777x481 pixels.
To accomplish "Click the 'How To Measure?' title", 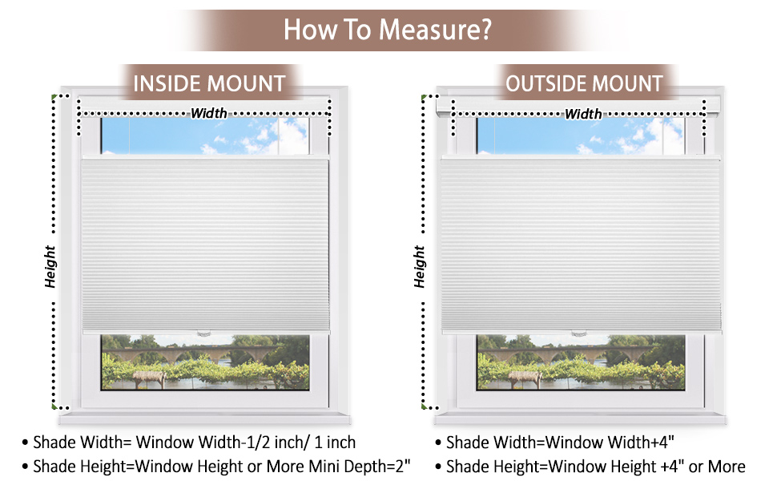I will tap(387, 30).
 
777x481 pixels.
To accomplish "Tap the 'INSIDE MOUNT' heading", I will tap(209, 84).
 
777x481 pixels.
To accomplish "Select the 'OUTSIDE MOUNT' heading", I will tap(584, 84).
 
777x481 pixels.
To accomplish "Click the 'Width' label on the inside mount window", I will tap(208, 113).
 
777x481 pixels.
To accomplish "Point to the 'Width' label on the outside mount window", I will tap(583, 114).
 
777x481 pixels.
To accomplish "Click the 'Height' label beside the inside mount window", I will tap(50, 266).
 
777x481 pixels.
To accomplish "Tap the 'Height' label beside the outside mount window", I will tap(420, 267).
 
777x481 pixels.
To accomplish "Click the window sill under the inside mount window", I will tap(205, 417).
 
